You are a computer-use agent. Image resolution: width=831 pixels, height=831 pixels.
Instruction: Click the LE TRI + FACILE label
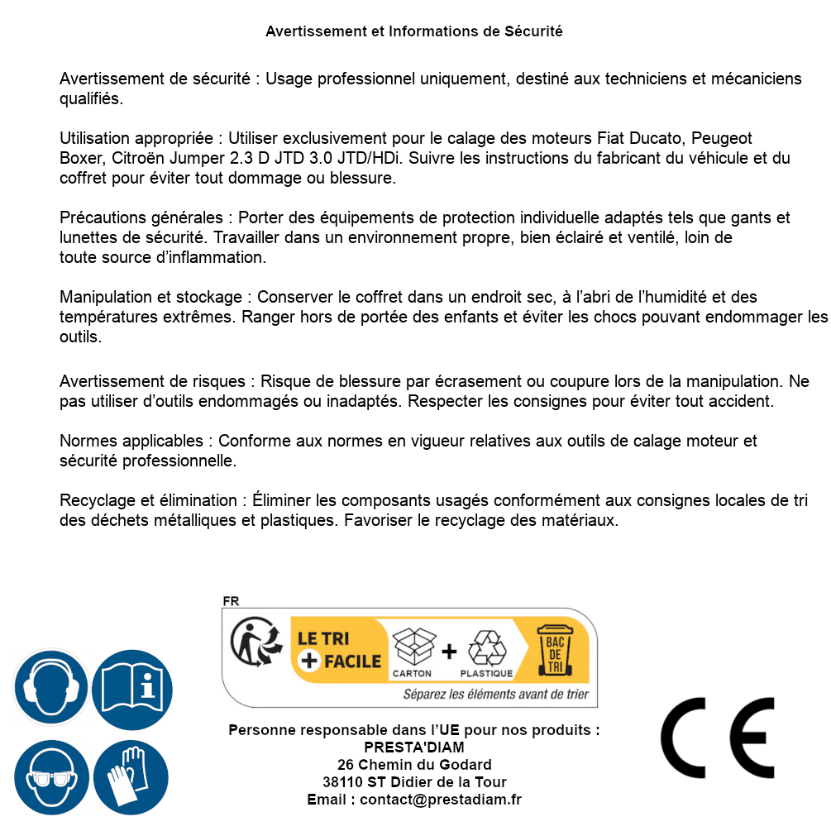(x=339, y=650)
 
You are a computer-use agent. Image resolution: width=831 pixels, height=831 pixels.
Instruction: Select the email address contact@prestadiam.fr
(x=441, y=800)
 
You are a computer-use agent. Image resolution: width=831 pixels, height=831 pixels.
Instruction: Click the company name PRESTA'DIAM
(x=414, y=747)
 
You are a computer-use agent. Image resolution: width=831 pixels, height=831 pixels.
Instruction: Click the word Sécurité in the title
(x=533, y=31)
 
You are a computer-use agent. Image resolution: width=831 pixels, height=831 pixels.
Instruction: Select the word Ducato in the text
(x=659, y=138)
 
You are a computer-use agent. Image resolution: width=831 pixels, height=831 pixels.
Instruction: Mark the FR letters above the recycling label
(x=231, y=601)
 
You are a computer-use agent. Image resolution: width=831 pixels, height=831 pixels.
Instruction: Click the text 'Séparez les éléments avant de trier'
(x=496, y=695)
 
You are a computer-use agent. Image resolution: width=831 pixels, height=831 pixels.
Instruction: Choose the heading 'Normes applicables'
(x=131, y=442)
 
